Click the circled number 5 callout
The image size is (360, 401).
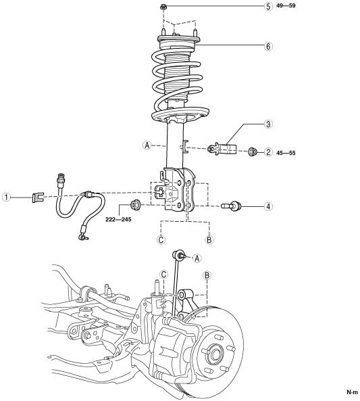268,6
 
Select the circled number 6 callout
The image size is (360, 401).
268,46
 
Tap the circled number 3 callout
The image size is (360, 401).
268,124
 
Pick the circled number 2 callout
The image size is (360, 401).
268,152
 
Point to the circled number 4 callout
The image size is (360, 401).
268,206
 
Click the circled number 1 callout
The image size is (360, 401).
7,197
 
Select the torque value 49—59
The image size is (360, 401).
286,5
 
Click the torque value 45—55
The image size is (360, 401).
286,153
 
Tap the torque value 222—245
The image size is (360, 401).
119,219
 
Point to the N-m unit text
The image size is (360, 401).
353,392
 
